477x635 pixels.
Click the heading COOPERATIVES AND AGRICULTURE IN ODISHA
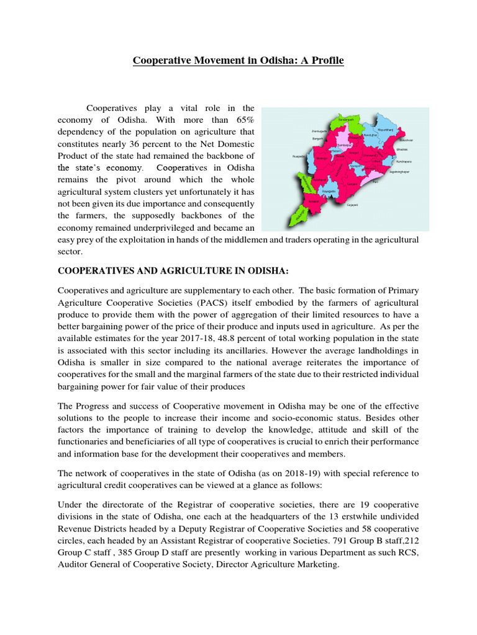click(173, 270)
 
